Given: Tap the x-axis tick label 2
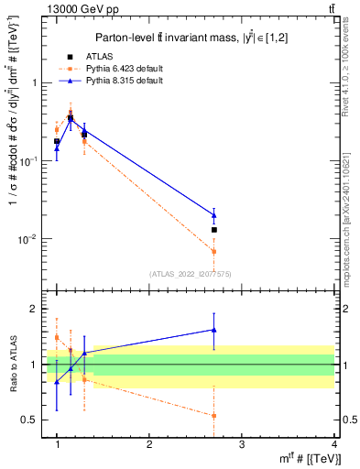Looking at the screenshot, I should point(149,443).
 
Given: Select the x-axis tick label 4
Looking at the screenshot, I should point(333,443).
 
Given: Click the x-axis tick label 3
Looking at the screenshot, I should point(241,443).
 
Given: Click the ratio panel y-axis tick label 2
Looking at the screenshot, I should point(38,310).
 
